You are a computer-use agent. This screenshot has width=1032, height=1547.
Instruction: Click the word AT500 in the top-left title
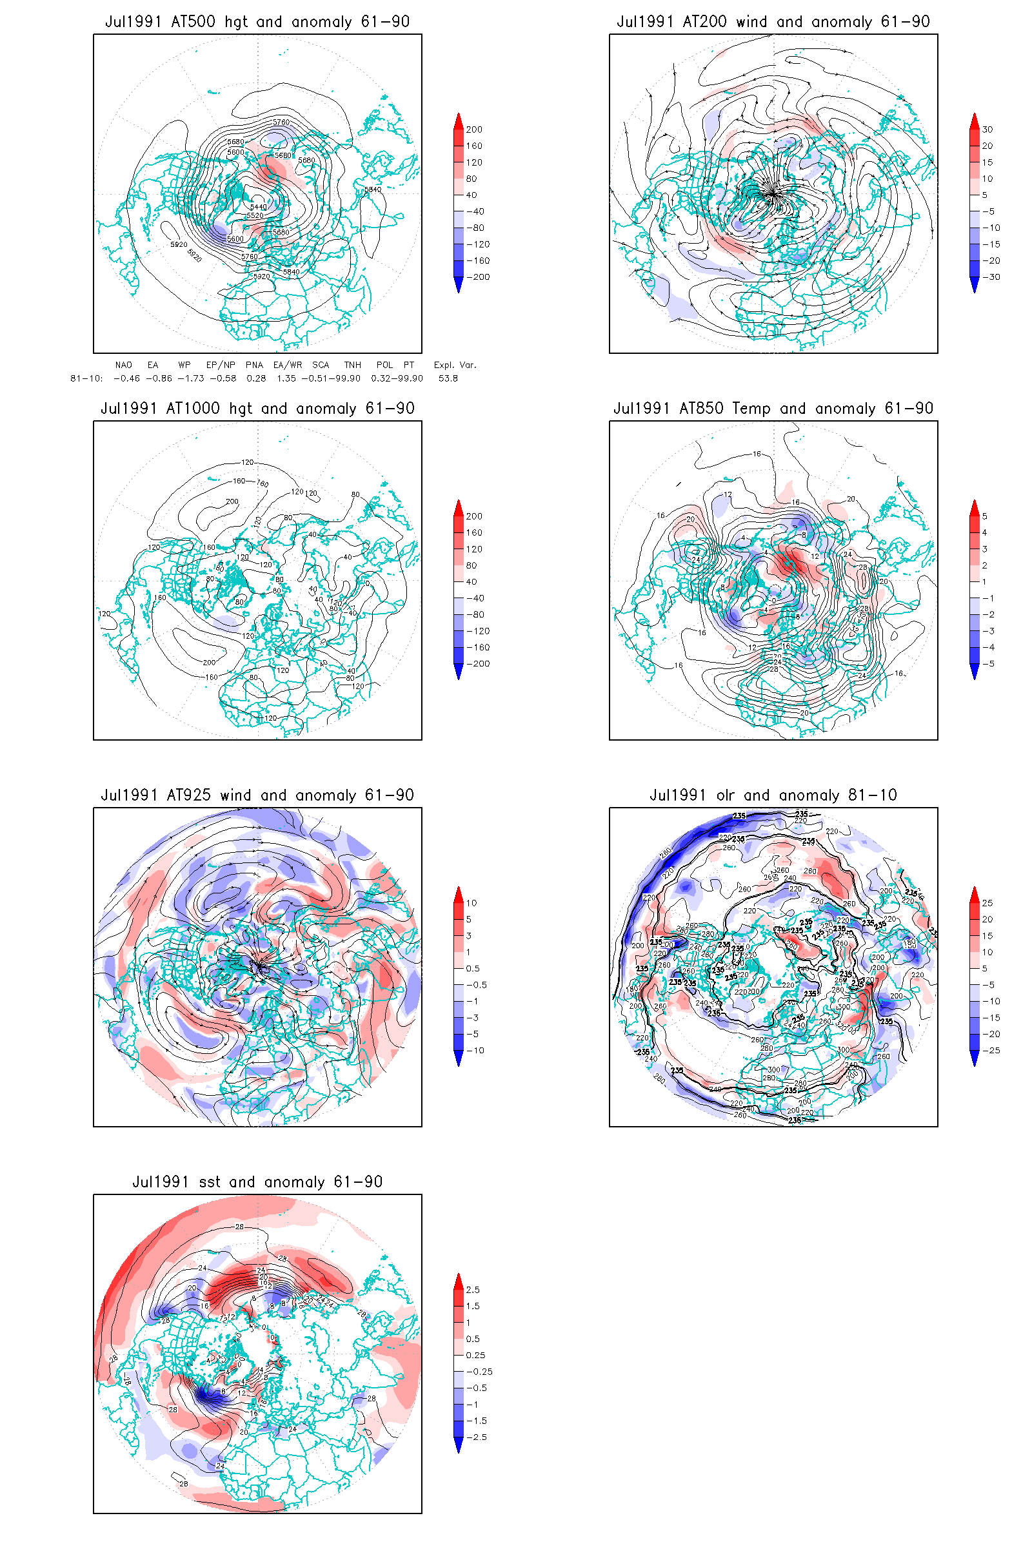[x=193, y=22]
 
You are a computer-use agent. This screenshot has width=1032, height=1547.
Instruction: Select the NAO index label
[x=123, y=365]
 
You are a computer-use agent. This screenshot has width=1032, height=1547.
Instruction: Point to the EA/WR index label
[x=288, y=365]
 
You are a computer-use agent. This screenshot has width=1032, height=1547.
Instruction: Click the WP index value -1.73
[x=191, y=378]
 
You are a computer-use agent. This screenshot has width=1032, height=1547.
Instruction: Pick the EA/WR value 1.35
[x=286, y=378]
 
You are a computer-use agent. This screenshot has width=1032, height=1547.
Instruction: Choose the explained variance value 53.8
[x=448, y=378]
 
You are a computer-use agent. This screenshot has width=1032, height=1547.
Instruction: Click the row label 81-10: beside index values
[x=86, y=378]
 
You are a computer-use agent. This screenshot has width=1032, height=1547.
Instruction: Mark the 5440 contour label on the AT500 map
[x=259, y=206]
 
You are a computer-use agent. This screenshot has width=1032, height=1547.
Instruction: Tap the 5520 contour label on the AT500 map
[x=255, y=215]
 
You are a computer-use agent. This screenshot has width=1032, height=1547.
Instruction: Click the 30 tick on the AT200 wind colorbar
[x=987, y=130]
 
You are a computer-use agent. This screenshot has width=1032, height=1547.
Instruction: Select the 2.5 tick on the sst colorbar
[x=473, y=1290]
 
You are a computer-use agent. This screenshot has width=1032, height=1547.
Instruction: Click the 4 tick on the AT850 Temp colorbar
[x=985, y=533]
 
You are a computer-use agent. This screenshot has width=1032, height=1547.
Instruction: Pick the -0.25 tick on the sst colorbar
[x=479, y=1372]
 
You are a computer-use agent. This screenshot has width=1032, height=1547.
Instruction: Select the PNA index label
[x=254, y=365]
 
